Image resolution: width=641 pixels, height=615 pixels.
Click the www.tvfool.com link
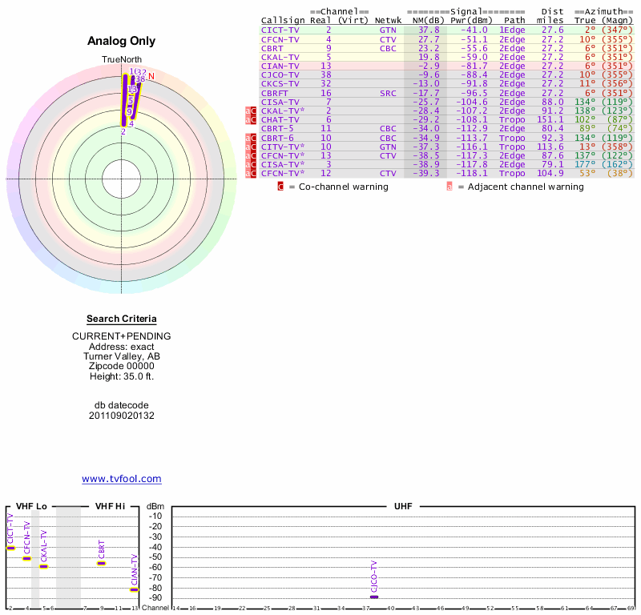121,479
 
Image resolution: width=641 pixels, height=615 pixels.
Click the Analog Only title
121,41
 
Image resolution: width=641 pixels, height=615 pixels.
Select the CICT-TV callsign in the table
280,30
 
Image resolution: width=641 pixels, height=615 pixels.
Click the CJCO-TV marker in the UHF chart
374,597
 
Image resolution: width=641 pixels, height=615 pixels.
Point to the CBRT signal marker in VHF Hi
102,563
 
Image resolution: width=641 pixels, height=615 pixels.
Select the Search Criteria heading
121,319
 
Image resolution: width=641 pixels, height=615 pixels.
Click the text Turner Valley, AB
121,356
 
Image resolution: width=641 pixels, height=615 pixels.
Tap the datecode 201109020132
121,416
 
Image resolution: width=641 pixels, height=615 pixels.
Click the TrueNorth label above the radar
121,60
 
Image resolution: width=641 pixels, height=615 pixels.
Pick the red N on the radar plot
151,76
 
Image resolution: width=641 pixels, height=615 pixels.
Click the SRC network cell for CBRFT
388,93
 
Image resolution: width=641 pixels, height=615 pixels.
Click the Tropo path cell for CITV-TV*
513,147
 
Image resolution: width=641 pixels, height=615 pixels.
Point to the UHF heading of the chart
402,507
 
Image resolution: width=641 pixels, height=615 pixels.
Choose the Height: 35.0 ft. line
121,377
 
